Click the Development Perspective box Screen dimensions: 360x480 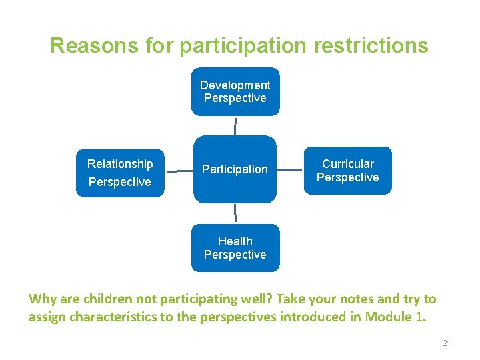[x=235, y=92]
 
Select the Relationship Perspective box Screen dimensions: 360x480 [x=120, y=173]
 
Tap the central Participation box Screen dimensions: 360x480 [x=235, y=169]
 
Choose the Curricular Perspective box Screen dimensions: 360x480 [x=347, y=171]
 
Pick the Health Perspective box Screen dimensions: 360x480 [x=235, y=248]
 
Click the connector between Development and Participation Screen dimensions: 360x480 [x=235, y=125]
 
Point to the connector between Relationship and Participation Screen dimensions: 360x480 [x=179, y=171]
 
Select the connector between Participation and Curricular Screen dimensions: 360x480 [x=290, y=170]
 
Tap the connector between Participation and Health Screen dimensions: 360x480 [x=235, y=213]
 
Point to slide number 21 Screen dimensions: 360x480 [x=447, y=343]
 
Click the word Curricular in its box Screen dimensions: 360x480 [x=347, y=164]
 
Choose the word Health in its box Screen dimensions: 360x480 [x=235, y=241]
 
